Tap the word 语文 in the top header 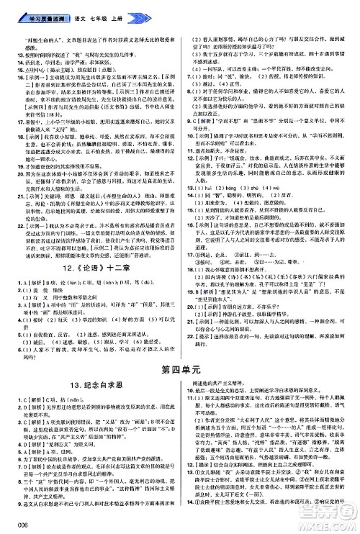(74, 6)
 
